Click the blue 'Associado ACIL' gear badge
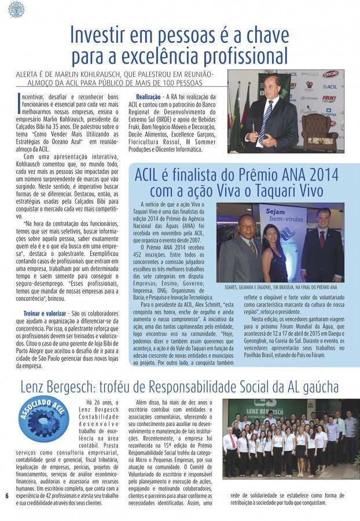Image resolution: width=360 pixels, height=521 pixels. pyautogui.click(x=43, y=418)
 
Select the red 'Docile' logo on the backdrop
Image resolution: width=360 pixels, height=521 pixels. pyautogui.click(x=330, y=74)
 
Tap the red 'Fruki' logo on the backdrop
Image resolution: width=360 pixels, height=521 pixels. pyautogui.click(x=329, y=98)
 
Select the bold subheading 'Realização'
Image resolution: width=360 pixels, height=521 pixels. pyautogui.click(x=148, y=96)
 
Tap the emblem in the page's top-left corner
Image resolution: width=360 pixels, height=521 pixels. pyautogui.click(x=16, y=9)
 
